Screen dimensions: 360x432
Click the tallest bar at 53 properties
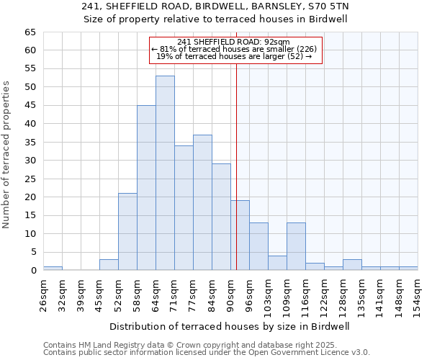[x=165, y=173]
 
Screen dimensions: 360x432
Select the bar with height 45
[x=146, y=187]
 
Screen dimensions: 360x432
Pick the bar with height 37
[x=202, y=202]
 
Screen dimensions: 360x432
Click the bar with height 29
[x=221, y=217]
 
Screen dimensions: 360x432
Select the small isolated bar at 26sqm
[x=53, y=269]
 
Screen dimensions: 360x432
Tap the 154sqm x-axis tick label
[x=418, y=293]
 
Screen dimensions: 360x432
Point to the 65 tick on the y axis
[x=30, y=32]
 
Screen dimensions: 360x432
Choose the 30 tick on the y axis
[x=30, y=161]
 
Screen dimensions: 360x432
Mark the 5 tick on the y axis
[x=33, y=252]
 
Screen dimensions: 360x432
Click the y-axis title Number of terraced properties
[x=7, y=154]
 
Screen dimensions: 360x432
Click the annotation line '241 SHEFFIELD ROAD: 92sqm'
[x=233, y=42]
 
